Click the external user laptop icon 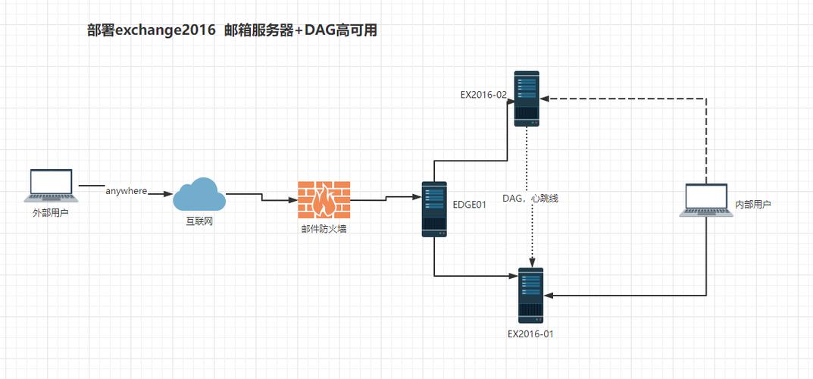tap(51, 186)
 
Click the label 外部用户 tap(51, 214)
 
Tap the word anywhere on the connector tap(126, 191)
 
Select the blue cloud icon tap(199, 195)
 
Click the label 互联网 tap(199, 222)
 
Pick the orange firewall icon tap(324, 200)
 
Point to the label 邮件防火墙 tap(324, 228)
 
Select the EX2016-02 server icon tap(527, 99)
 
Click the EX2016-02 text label tap(483, 95)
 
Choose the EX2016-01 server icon tap(530, 295)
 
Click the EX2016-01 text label tap(530, 333)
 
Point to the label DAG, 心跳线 tap(530, 198)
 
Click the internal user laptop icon tap(705, 201)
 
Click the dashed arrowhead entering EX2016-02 tap(545, 99)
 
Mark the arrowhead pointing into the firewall tap(292, 201)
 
